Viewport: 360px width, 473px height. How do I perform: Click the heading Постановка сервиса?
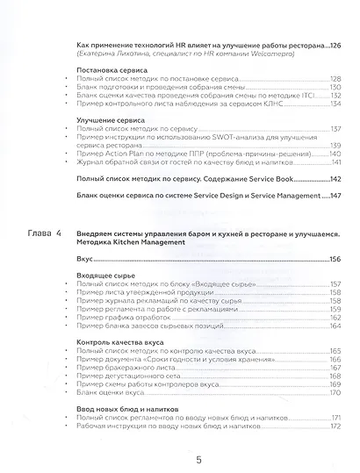coord(112,68)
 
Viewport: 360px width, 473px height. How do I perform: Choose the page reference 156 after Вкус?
coord(335,260)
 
